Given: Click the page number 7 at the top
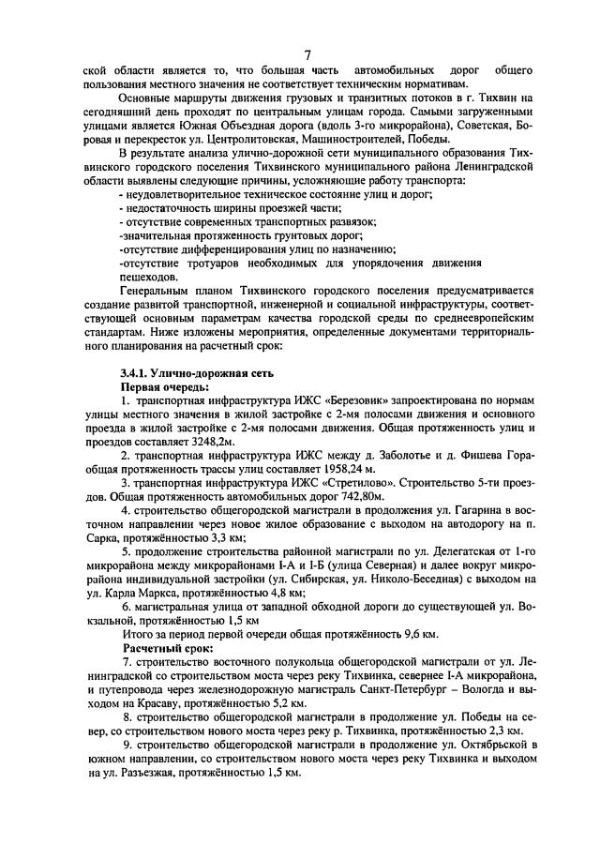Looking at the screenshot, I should coord(307,53).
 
